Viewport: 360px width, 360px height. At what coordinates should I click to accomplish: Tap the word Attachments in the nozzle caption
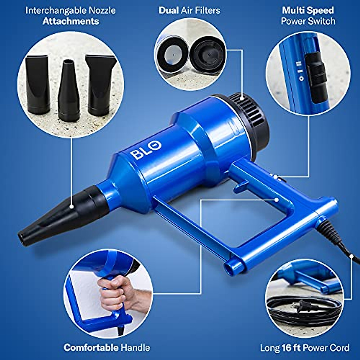point(71,21)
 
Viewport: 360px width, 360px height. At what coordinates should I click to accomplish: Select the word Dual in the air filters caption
point(169,10)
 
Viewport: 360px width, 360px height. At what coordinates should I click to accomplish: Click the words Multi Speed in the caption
point(308,10)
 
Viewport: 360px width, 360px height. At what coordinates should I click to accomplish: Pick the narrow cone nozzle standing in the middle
point(69,90)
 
